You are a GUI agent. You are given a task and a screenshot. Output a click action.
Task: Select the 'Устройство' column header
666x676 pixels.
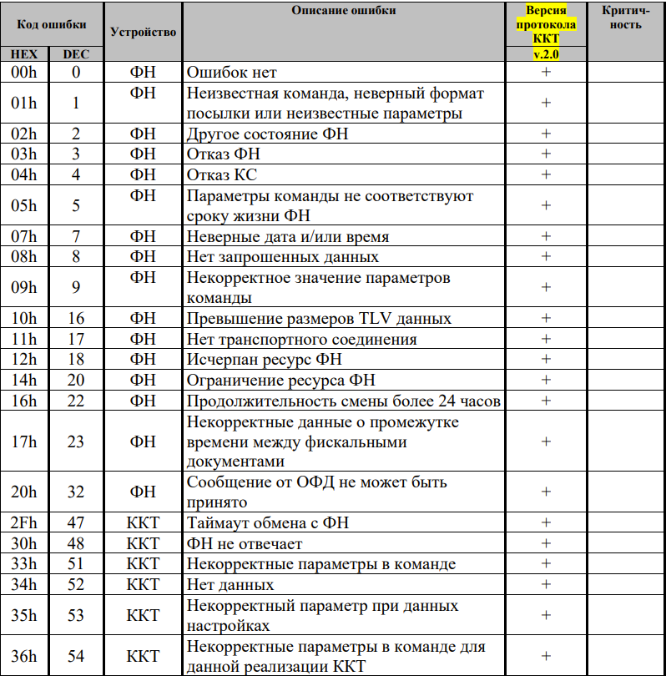click(x=143, y=32)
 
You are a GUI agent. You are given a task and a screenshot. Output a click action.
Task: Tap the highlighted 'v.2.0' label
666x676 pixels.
click(x=546, y=53)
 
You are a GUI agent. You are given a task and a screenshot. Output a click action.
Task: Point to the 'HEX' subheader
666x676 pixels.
click(x=24, y=54)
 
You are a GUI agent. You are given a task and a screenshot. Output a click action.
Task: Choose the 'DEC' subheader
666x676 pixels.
click(x=76, y=54)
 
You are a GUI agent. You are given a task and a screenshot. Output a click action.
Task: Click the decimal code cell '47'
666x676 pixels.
click(x=76, y=523)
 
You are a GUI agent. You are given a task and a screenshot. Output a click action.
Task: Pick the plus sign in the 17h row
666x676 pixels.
click(x=546, y=441)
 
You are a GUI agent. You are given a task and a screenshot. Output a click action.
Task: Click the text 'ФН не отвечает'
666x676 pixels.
click(x=245, y=544)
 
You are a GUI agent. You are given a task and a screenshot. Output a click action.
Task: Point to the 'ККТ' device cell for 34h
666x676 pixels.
click(x=143, y=584)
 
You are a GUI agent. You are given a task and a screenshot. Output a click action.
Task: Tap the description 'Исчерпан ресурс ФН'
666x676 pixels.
click(x=265, y=360)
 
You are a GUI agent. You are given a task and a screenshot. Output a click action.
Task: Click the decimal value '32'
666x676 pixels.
click(x=76, y=492)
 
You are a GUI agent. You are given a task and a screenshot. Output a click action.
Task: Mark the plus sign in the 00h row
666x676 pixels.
click(x=546, y=73)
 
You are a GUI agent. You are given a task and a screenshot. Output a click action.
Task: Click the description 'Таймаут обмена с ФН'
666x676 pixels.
click(x=268, y=523)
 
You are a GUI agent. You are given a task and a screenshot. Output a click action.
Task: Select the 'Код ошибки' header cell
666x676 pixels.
click(x=50, y=23)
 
